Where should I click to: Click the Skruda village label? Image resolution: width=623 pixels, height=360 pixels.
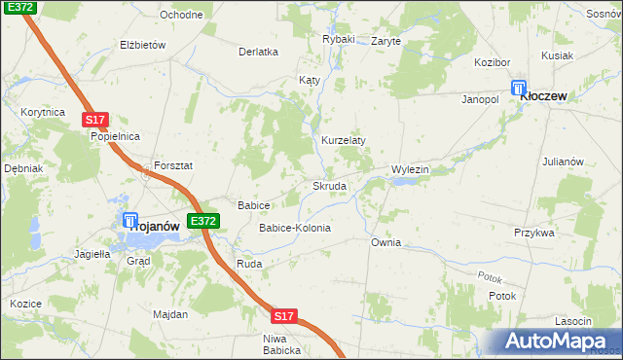[329, 186]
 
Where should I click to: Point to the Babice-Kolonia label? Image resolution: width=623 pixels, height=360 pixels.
[294, 228]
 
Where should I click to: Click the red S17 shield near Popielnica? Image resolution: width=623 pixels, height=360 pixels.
[94, 119]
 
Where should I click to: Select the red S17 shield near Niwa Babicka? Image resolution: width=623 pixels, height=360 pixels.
[283, 315]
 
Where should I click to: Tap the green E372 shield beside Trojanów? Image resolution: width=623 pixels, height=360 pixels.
[202, 222]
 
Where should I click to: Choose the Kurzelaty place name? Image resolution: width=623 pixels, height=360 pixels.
[344, 140]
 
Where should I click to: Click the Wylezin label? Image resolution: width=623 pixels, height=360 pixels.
[410, 169]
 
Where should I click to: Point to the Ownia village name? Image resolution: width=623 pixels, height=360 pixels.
[385, 242]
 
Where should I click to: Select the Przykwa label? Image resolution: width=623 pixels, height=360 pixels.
[534, 233]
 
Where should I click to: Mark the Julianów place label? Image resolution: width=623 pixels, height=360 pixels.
[562, 161]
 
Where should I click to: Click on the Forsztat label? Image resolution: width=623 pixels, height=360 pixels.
[173, 165]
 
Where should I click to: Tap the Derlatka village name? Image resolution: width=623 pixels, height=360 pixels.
[259, 52]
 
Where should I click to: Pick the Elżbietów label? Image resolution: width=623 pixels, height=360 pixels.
[143, 45]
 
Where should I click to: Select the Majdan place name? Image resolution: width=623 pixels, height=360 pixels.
[169, 314]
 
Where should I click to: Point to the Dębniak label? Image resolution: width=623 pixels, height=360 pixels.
[23, 168]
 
